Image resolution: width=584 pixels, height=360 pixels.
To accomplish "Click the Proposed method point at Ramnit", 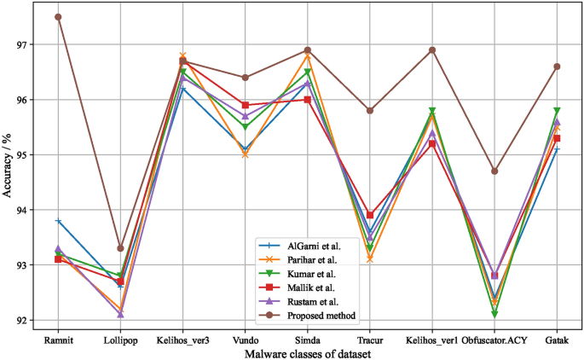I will pos(58,17).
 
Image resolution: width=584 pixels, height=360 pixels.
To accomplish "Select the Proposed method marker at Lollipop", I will pos(120,248).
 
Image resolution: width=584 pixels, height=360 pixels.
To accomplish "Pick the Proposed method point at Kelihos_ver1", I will pos(432,49).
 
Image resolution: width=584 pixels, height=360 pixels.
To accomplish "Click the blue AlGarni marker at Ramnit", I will pos(58,221).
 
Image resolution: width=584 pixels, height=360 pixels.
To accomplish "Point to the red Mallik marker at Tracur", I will pos(370,215).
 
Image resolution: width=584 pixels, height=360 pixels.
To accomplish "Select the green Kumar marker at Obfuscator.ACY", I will pos(494,315).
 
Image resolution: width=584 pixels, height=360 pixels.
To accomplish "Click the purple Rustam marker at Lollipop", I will pos(120,314).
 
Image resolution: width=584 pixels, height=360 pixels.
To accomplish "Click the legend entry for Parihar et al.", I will pos(317,259).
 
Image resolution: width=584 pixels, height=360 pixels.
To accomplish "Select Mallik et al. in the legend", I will pos(315,287).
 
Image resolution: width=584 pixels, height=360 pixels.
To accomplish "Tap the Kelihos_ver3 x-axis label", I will pos(182,340).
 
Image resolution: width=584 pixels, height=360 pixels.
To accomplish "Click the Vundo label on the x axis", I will pos(246,340).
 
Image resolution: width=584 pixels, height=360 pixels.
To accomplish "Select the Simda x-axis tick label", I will pos(308,340).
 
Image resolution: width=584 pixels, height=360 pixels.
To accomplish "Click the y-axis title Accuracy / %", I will pos(8,168).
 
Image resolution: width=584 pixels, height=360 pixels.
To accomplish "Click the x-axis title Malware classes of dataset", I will pos(308,352).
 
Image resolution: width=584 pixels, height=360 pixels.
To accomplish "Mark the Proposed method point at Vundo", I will pos(246,78).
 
